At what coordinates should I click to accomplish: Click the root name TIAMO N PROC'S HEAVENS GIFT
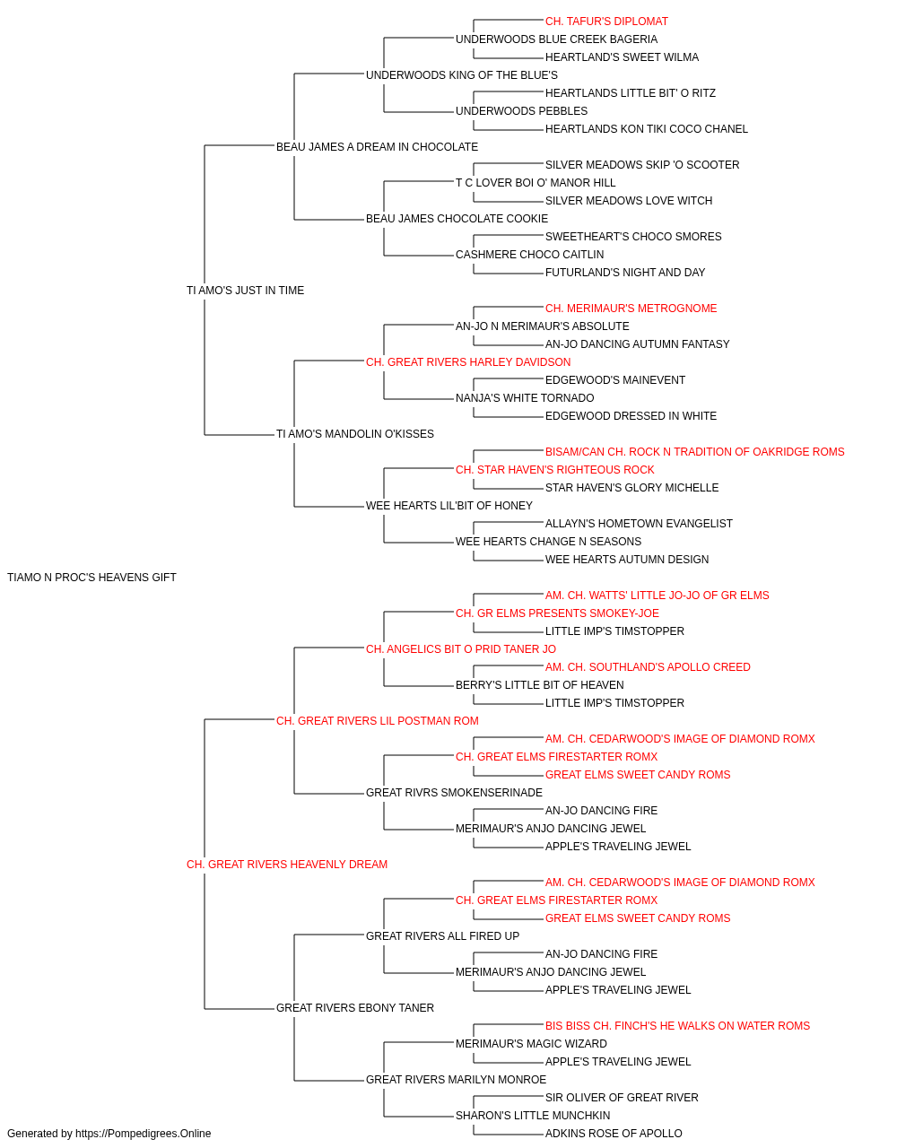91,578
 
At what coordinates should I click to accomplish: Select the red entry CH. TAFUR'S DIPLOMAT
606,22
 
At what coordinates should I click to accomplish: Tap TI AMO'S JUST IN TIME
245,290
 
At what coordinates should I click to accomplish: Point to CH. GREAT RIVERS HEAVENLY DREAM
287,865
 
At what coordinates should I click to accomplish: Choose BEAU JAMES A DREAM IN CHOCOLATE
377,147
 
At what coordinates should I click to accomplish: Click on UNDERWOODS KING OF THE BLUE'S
462,75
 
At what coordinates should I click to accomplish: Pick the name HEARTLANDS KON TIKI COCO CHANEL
646,129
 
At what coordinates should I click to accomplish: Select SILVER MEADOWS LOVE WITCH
629,201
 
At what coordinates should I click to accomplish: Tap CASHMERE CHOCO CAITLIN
529,255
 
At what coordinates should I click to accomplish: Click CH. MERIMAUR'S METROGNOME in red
631,309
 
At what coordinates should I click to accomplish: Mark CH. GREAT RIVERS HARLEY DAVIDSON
468,362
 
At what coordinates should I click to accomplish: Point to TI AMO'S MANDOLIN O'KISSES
354,434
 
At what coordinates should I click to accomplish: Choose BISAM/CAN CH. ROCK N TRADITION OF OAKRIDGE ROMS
694,452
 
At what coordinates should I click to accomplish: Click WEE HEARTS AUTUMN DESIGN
626,560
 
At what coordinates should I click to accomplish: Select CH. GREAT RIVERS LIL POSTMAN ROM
377,721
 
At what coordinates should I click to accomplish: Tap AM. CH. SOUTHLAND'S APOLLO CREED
648,667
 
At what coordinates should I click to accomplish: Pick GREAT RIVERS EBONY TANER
354,1008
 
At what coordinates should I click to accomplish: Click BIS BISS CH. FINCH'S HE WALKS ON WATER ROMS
677,1026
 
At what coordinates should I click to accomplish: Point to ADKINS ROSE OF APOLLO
614,1134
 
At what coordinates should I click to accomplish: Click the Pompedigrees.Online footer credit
109,1134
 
